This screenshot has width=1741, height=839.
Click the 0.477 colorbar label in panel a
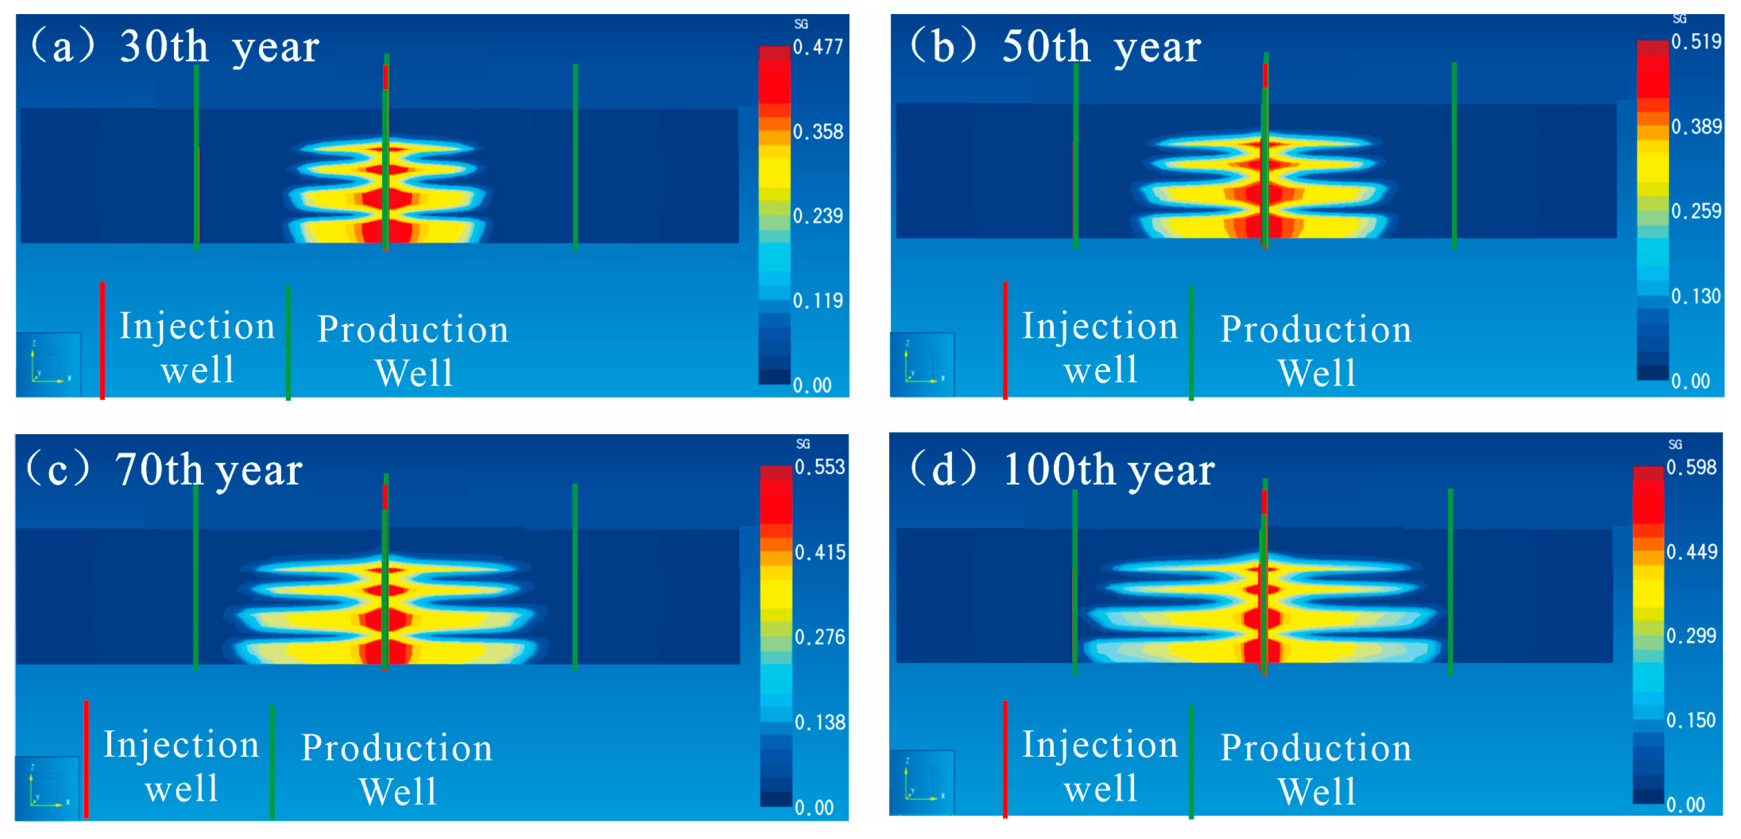818,47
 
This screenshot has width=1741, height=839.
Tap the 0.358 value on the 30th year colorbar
818,132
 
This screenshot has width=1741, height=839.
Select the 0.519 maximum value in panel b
1696,42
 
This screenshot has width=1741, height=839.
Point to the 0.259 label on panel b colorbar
1696,212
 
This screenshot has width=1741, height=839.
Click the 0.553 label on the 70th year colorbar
819,467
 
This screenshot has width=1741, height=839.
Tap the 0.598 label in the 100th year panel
1691,467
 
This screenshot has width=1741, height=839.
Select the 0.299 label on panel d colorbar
1691,636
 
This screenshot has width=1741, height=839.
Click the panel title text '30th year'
219,47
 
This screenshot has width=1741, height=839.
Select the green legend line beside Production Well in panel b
1191,343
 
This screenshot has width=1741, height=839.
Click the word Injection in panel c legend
181,745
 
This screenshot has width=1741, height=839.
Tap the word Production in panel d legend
1315,748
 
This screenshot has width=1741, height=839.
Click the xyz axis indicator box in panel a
49,364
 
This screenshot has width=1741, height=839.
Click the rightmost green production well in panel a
575,157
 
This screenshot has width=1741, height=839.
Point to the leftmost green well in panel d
1074,581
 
